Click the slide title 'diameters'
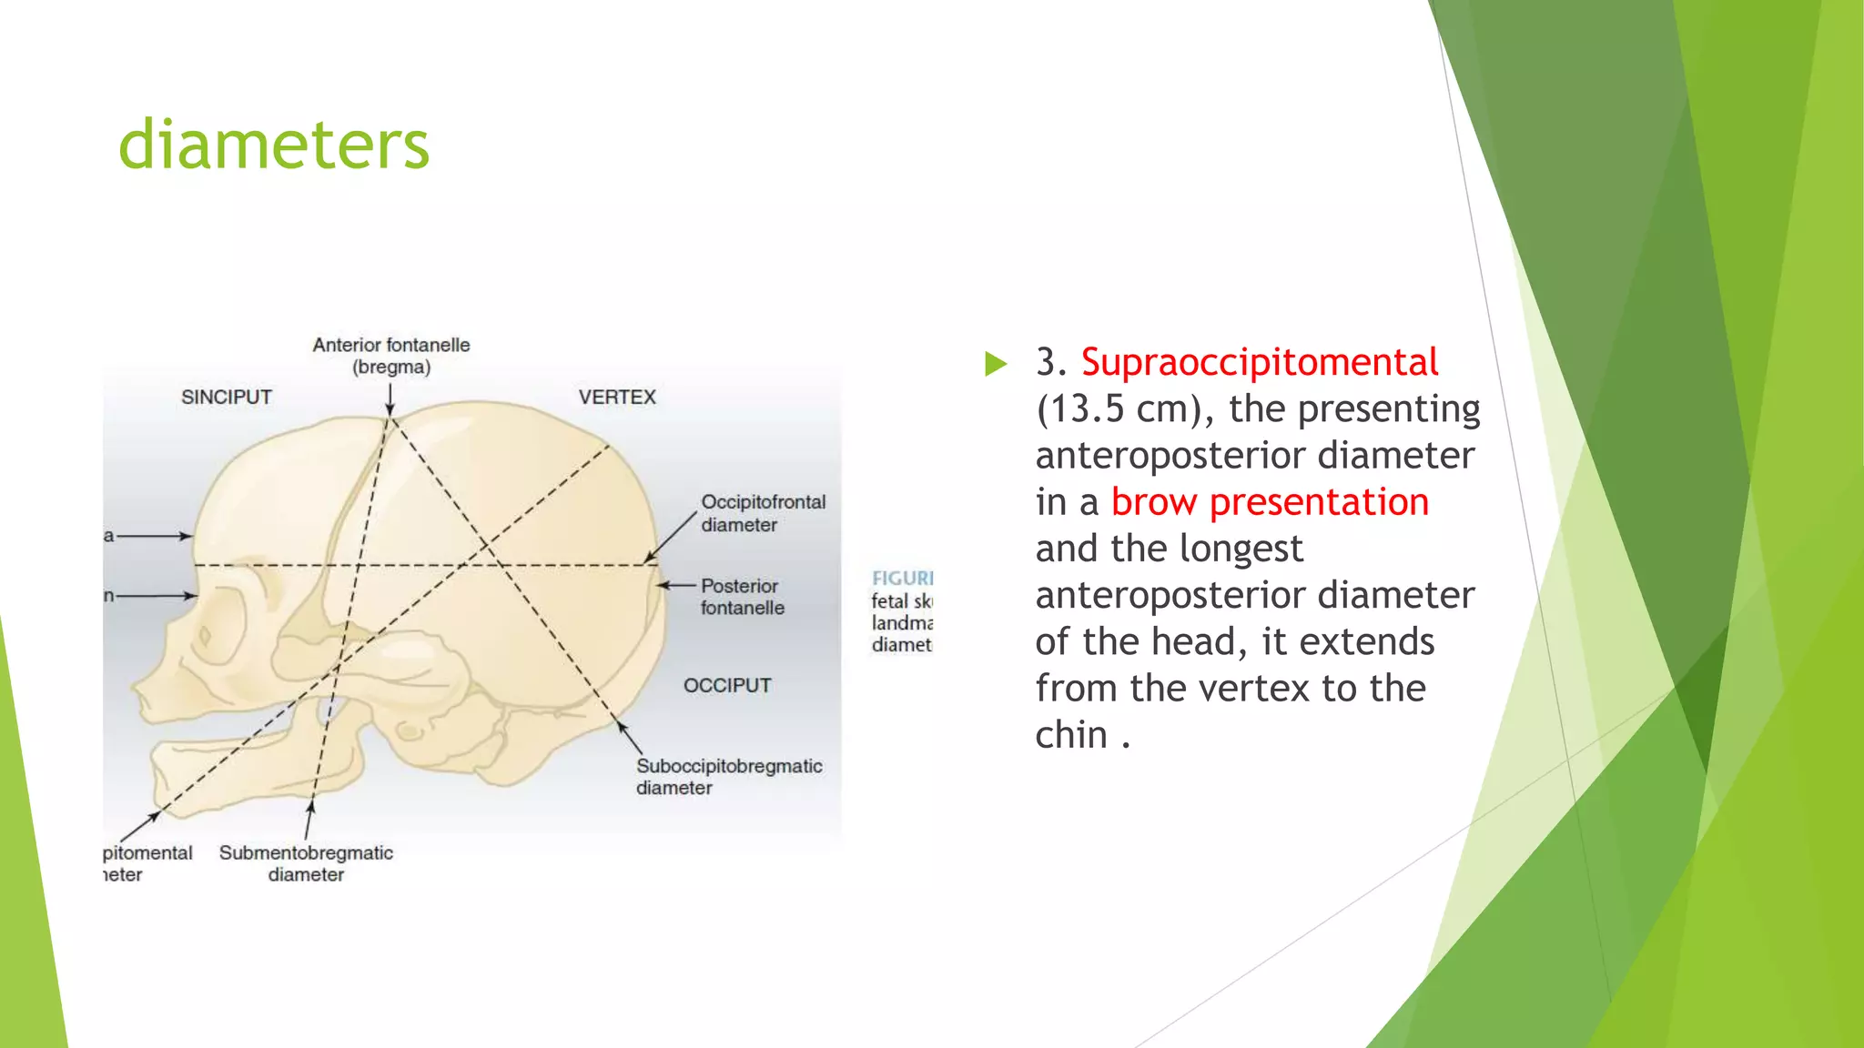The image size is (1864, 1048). (273, 146)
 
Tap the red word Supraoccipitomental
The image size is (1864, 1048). (1259, 362)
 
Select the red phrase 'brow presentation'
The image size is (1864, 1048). (1270, 502)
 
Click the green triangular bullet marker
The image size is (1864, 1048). (996, 364)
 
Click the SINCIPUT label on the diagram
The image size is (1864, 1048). (226, 398)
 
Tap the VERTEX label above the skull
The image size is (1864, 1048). (617, 398)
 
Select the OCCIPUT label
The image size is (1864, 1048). (727, 686)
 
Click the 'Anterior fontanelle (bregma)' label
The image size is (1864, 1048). (391, 356)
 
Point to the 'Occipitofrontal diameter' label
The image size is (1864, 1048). (763, 513)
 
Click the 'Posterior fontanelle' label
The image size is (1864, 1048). (742, 597)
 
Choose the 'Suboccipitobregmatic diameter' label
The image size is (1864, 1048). (728, 777)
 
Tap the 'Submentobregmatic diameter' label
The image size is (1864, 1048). (306, 863)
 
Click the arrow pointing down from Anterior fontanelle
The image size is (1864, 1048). (390, 398)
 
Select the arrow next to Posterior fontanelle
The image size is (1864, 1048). (676, 585)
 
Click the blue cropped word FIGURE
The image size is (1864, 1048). (902, 579)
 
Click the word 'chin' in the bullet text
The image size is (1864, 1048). (1071, 735)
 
